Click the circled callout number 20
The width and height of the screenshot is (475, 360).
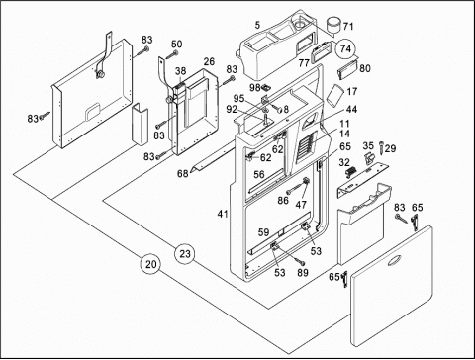(x=150, y=264)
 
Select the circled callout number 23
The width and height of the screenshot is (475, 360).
(x=185, y=254)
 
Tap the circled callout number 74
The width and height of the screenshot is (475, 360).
(x=345, y=48)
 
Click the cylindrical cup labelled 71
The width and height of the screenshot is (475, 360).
(x=333, y=26)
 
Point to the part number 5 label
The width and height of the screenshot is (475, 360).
(x=257, y=25)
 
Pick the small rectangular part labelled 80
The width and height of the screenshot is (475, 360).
(x=347, y=70)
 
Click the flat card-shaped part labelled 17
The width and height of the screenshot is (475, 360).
(x=334, y=95)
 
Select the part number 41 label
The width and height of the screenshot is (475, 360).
(x=223, y=214)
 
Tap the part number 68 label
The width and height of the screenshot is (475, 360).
(x=183, y=173)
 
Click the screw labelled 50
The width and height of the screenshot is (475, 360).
(x=172, y=55)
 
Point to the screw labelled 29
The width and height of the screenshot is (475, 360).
(x=381, y=146)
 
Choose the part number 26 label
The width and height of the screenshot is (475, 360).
(x=209, y=61)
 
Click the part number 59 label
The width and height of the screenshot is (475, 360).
(x=263, y=232)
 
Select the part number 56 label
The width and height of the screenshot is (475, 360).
(x=259, y=175)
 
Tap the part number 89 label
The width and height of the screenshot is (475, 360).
(x=303, y=273)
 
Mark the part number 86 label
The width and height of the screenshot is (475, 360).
(x=283, y=200)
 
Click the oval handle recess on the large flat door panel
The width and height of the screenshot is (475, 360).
(x=395, y=261)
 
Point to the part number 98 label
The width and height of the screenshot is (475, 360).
(x=255, y=88)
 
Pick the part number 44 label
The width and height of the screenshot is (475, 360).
(x=352, y=109)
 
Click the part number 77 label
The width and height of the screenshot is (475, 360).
(x=304, y=63)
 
